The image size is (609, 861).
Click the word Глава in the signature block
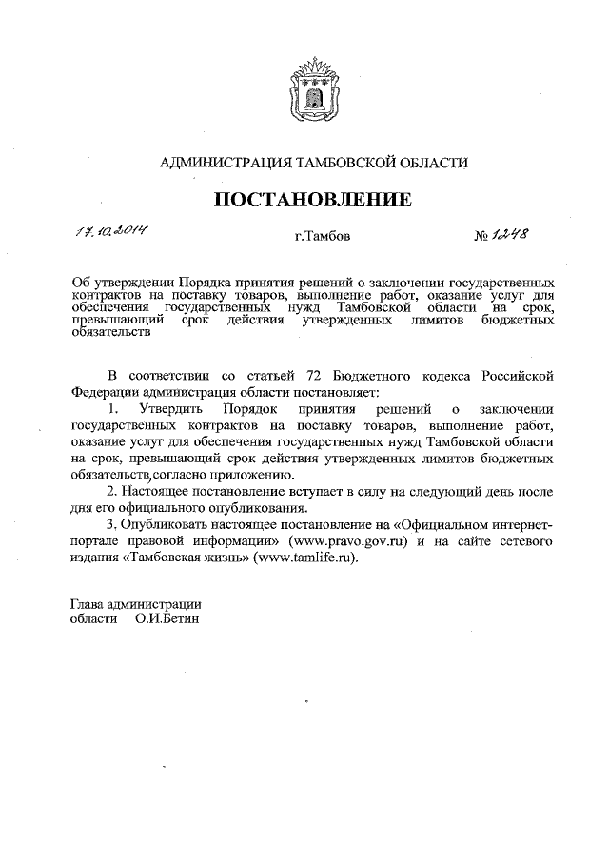(88, 601)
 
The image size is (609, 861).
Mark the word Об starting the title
(82, 283)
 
